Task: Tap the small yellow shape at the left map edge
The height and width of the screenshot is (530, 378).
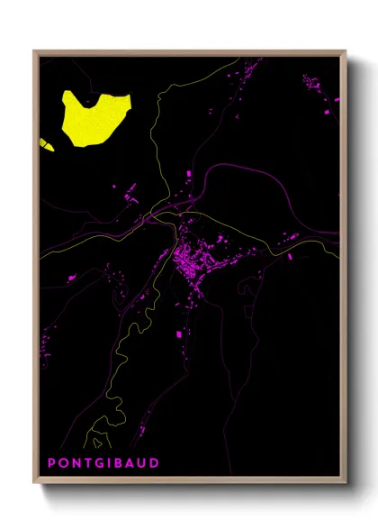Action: pos(46,143)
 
